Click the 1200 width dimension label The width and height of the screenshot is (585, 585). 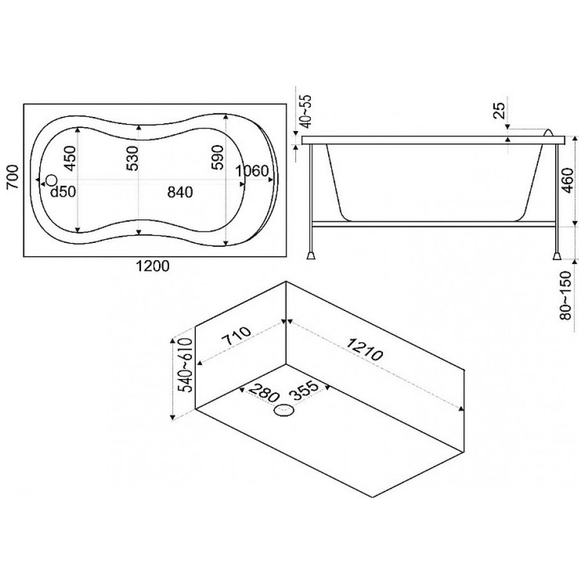152,266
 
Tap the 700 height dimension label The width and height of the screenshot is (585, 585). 13,177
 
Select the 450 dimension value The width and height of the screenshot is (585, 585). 70,158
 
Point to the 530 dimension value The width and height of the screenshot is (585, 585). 132,158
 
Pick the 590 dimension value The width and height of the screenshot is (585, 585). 218,158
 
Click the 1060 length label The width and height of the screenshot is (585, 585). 252,171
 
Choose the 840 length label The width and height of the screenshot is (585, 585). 180,192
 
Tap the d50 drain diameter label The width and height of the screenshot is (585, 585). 63,192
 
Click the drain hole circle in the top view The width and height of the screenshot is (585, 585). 52,180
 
